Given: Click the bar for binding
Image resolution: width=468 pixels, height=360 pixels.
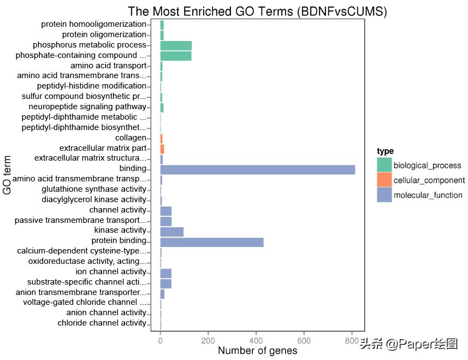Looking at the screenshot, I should click(257, 169).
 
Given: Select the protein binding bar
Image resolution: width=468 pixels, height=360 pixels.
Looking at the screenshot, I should click(212, 241).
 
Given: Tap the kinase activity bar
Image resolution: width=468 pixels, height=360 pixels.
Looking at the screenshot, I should click(171, 231).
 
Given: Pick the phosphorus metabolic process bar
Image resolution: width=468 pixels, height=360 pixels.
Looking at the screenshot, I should click(175, 45).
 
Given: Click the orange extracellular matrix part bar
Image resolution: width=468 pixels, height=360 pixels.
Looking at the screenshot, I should click(162, 148).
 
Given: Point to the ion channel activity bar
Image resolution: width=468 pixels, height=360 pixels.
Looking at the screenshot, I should click(165, 272).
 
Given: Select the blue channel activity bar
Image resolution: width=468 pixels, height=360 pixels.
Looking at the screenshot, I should click(165, 210).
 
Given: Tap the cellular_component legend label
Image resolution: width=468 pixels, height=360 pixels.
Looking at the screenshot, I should click(429, 180).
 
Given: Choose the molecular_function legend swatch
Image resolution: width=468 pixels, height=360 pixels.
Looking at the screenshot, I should click(384, 194).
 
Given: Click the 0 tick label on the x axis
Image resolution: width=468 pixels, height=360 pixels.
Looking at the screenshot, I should click(160, 341).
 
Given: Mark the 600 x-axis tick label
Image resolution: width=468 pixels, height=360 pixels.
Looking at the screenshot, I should click(304, 341).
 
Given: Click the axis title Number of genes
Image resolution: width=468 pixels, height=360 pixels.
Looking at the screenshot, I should click(257, 351).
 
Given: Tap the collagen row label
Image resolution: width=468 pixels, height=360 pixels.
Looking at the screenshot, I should click(131, 138).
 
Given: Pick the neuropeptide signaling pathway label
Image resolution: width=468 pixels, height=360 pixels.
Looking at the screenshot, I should click(87, 107).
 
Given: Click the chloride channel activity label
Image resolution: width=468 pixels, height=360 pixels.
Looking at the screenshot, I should click(102, 323).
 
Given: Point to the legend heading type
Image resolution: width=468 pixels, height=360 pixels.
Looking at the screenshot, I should click(385, 151).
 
